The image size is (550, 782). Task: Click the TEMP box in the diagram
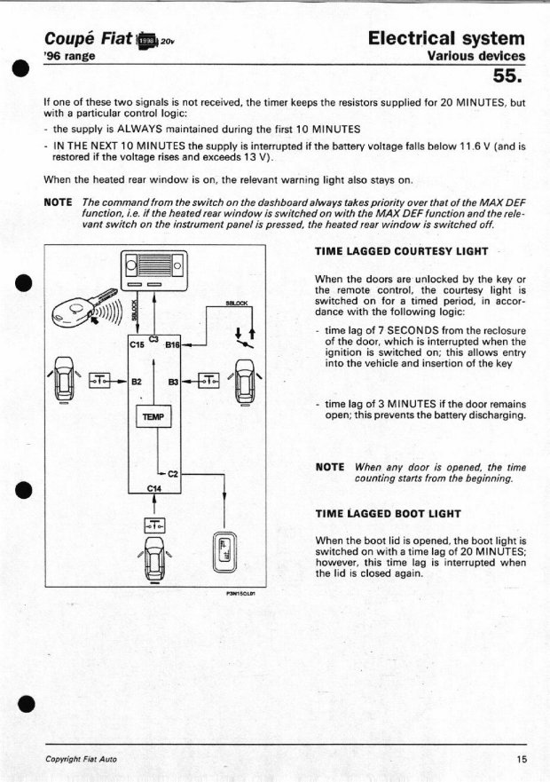pyautogui.click(x=156, y=417)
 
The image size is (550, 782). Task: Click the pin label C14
pyautogui.click(x=155, y=487)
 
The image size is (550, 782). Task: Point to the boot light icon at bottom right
pyautogui.click(x=224, y=553)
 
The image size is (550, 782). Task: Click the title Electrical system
pyautogui.click(x=445, y=38)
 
